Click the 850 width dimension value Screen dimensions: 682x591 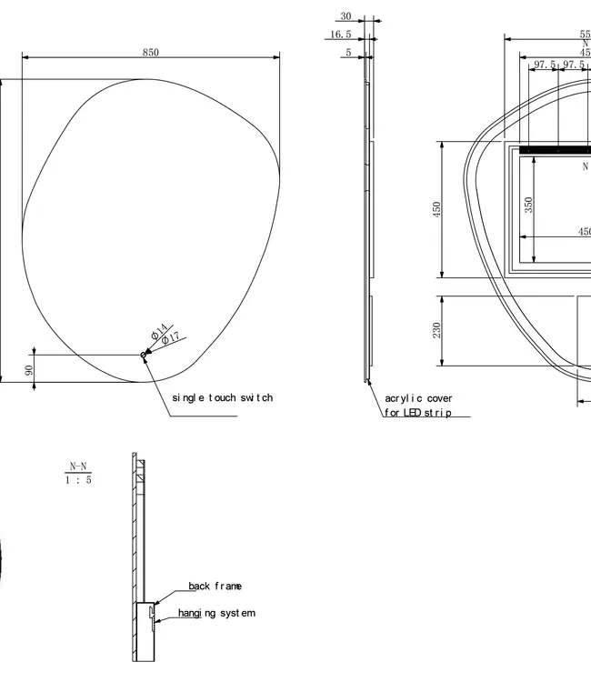pyautogui.click(x=150, y=53)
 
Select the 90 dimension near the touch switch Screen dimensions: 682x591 pyautogui.click(x=29, y=370)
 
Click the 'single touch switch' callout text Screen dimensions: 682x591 pyautogui.click(x=222, y=397)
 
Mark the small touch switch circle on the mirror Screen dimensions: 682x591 pyautogui.click(x=143, y=355)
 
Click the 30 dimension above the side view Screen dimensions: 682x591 pyautogui.click(x=346, y=16)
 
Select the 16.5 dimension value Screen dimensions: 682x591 pyautogui.click(x=340, y=35)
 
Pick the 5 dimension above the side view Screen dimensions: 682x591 pyautogui.click(x=347, y=53)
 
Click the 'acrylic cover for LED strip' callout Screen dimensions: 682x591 pyautogui.click(x=418, y=406)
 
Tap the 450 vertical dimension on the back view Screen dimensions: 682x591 pyautogui.click(x=437, y=210)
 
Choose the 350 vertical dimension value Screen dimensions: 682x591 pyautogui.click(x=528, y=206)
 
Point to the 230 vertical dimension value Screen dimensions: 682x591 pyautogui.click(x=437, y=329)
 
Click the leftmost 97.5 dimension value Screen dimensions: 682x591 pyautogui.click(x=546, y=65)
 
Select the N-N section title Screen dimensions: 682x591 pyautogui.click(x=78, y=466)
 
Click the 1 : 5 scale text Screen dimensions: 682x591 pyautogui.click(x=78, y=480)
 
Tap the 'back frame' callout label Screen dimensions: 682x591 pyautogui.click(x=215, y=587)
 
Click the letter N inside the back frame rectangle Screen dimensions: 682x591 pyautogui.click(x=586, y=166)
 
